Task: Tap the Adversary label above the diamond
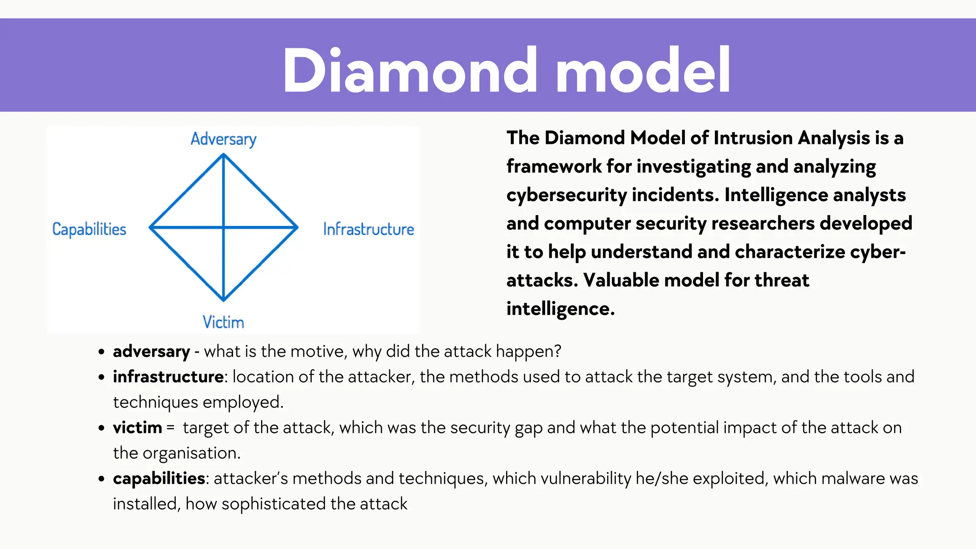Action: [224, 139]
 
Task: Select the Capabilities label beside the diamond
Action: [89, 229]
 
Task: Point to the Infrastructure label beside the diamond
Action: [368, 229]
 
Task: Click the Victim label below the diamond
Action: [223, 322]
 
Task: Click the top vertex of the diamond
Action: [224, 154]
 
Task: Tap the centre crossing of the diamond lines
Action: [224, 227]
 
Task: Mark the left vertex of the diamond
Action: [151, 227]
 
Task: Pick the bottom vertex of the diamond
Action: [224, 300]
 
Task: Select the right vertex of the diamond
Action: [297, 227]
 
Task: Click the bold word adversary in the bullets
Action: [151, 352]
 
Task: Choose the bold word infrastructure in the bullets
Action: [168, 377]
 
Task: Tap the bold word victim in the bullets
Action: [137, 427]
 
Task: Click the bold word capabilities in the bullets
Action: [159, 478]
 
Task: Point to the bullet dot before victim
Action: [101, 428]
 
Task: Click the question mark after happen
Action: [558, 352]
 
